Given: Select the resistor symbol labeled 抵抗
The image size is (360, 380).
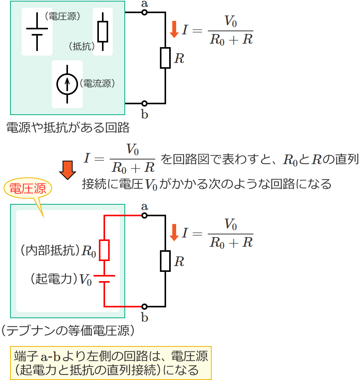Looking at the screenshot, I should point(103,32).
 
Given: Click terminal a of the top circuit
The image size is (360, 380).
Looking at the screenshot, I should point(144,12).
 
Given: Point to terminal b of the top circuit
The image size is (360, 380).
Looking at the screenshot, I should point(144,103).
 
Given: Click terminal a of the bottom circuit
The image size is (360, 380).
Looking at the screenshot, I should point(144,215).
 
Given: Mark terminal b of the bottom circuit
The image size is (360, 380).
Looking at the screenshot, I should point(144,307).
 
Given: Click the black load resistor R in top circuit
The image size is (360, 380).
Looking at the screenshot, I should point(165,58).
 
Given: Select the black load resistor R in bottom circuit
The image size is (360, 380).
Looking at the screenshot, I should point(165,261).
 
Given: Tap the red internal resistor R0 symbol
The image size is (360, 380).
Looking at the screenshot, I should point(104,250).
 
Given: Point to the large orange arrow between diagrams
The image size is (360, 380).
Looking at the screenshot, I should point(68,170).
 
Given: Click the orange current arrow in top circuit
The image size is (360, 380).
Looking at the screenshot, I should point(174,29).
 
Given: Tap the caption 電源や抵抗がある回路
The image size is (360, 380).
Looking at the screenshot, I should point(68,127).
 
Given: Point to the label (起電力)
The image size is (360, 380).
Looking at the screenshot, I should point(54,279).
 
